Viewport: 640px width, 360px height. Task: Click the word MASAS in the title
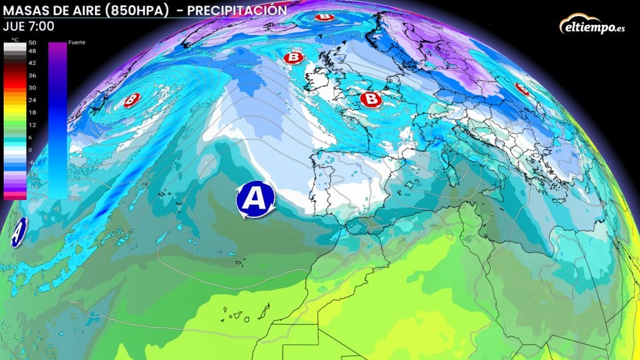click(24, 11)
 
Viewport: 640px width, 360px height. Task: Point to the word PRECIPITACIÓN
click(237, 11)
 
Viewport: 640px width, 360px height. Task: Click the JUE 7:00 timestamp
click(28, 26)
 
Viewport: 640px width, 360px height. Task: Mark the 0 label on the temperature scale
click(31, 150)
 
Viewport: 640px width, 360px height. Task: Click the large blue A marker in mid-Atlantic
click(254, 199)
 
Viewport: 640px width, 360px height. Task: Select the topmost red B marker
click(324, 17)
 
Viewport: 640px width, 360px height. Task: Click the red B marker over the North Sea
click(371, 98)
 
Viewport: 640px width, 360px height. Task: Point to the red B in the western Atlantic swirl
click(132, 99)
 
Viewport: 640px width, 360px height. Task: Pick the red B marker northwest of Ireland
click(292, 58)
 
